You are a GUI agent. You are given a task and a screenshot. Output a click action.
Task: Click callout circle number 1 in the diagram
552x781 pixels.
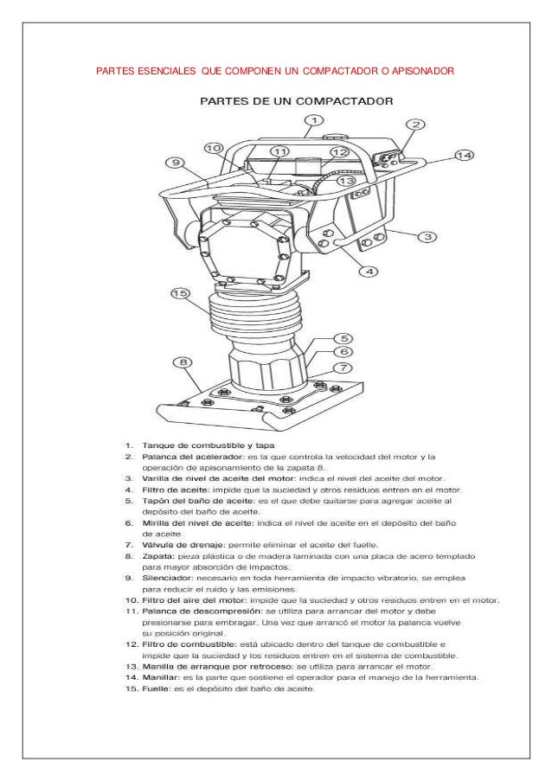[315, 120]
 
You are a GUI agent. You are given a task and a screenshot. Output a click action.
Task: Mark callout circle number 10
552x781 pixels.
[215, 148]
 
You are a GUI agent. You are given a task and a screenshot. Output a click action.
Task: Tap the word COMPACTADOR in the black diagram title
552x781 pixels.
[344, 100]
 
